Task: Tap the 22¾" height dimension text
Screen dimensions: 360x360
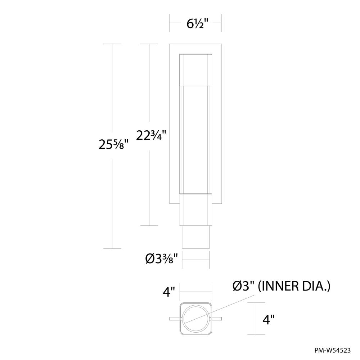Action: (x=150, y=136)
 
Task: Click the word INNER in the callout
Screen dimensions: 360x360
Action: (x=279, y=287)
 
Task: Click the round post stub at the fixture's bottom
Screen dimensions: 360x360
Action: (x=195, y=238)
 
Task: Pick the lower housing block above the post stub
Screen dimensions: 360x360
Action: (x=195, y=211)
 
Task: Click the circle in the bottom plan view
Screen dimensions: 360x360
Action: (x=195, y=319)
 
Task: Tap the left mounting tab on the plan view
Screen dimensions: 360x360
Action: (x=174, y=319)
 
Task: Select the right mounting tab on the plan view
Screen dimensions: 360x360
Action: (x=217, y=319)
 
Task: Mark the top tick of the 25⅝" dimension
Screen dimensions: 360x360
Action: (x=112, y=44)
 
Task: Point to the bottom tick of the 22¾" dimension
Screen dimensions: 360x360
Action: (x=149, y=226)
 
